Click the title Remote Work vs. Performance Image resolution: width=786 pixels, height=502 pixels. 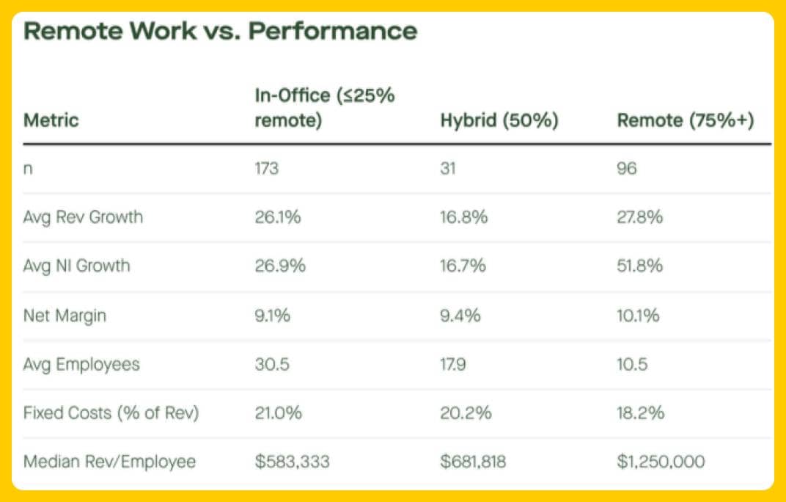pyautogui.click(x=221, y=32)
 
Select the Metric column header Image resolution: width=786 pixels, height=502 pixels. pyautogui.click(x=51, y=120)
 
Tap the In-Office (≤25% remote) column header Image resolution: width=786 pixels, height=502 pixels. pyautogui.click(x=325, y=108)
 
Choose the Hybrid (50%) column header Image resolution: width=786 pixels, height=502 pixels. pyautogui.click(x=499, y=120)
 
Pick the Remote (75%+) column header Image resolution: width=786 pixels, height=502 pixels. pyautogui.click(x=686, y=120)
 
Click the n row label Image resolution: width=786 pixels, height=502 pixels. pyautogui.click(x=29, y=169)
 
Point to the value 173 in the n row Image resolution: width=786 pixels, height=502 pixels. pyautogui.click(x=267, y=169)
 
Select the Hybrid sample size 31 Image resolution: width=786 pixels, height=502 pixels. pyautogui.click(x=448, y=169)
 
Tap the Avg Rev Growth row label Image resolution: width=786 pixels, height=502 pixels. pyautogui.click(x=83, y=217)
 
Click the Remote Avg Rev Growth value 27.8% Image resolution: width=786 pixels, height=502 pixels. pyautogui.click(x=641, y=217)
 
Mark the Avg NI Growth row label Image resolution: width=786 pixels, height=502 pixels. pyautogui.click(x=77, y=266)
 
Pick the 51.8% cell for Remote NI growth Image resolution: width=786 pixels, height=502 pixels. pyautogui.click(x=640, y=266)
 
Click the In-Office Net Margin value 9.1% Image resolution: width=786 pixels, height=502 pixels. pyautogui.click(x=273, y=316)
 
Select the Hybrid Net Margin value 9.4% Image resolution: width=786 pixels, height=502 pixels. pyautogui.click(x=460, y=316)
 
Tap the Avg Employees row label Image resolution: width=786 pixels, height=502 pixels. pyautogui.click(x=81, y=364)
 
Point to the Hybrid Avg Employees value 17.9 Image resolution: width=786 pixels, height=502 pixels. pyautogui.click(x=455, y=364)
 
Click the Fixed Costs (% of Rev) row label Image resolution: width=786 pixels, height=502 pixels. pyautogui.click(x=111, y=413)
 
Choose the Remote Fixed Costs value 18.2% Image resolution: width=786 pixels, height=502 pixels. pyautogui.click(x=641, y=413)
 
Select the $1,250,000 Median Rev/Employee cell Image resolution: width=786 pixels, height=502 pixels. pyautogui.click(x=661, y=462)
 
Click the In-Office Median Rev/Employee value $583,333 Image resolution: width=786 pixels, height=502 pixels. pyautogui.click(x=292, y=462)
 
